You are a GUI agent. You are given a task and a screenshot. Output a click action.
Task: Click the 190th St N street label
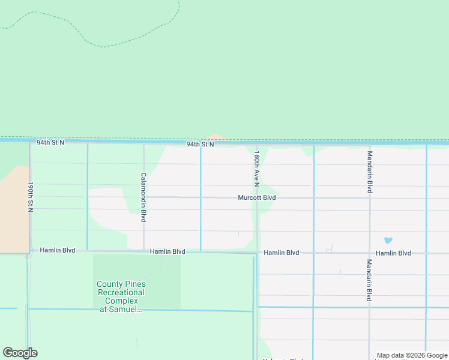[x=29, y=197]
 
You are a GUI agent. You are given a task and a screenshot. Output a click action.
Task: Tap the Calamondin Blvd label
[x=143, y=197]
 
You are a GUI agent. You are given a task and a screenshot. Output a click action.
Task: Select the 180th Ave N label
[x=256, y=167]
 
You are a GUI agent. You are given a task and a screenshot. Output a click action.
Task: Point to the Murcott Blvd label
[x=256, y=197]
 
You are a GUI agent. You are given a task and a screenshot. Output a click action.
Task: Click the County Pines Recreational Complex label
[x=121, y=296]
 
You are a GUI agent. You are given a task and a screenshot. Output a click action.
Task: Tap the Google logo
[x=20, y=353]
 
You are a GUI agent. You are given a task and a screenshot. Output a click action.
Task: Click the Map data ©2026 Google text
[x=412, y=355]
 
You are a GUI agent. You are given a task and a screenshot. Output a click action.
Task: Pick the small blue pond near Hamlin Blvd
[x=388, y=240]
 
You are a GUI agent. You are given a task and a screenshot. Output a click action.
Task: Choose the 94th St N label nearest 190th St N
[x=50, y=143]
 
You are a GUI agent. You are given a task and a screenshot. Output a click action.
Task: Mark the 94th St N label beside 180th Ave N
[x=200, y=145]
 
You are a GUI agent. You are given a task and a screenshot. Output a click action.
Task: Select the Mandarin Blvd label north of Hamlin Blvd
[x=370, y=172]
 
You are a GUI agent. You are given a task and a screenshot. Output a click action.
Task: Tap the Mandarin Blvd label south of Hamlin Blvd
[x=370, y=280]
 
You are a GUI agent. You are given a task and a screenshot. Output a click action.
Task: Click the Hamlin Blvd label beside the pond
[x=394, y=253]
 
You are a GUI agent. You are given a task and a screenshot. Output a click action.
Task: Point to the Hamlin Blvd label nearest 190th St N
[x=58, y=250]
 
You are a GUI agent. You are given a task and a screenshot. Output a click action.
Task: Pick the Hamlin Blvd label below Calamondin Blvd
[x=167, y=252]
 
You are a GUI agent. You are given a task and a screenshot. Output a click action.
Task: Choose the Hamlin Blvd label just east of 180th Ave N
[x=282, y=253]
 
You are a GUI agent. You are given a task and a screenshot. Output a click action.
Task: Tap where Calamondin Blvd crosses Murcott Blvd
[x=143, y=197]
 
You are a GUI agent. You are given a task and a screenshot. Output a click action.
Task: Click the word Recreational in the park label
[x=121, y=292]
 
